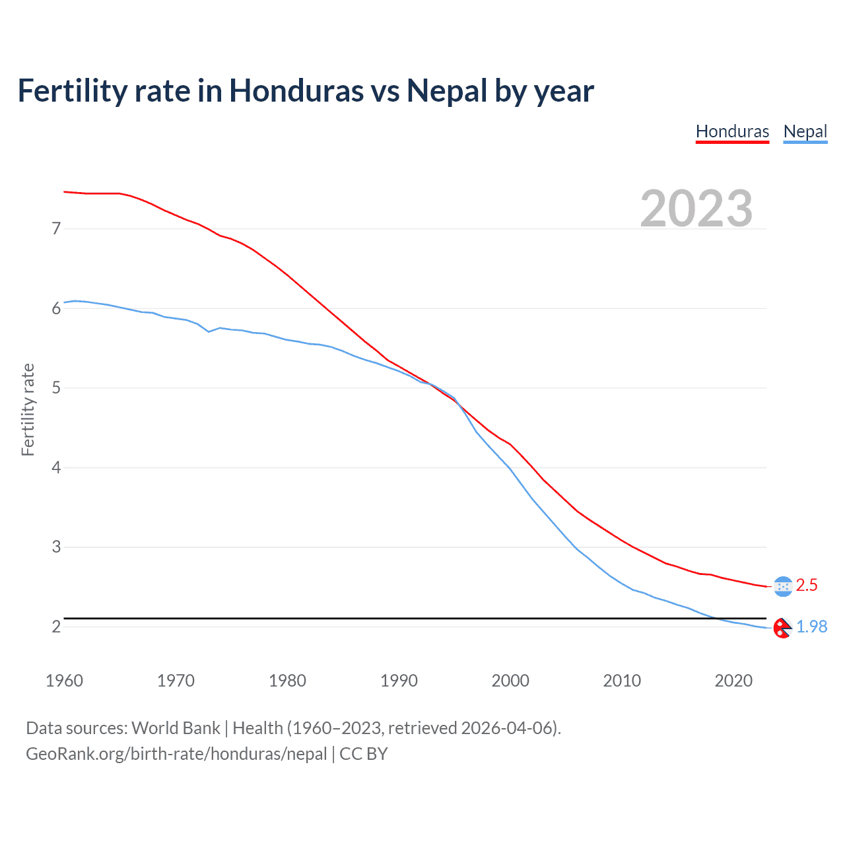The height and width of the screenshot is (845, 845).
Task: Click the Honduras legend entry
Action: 732,131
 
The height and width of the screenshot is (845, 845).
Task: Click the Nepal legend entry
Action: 805,131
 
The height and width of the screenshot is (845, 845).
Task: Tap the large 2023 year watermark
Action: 696,209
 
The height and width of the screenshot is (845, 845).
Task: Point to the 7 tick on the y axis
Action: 56,229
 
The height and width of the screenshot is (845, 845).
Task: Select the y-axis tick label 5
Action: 56,388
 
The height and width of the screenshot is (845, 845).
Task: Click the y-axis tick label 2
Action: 56,626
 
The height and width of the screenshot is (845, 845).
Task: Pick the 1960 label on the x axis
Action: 64,681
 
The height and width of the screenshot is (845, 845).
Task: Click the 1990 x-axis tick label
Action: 399,681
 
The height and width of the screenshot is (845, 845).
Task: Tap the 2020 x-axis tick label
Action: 733,681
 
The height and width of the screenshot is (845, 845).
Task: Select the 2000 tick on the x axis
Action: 510,681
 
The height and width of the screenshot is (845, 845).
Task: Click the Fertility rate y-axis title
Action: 28,409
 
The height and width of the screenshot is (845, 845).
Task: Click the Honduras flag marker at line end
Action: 783,586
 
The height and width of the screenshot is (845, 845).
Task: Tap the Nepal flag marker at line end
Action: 782,628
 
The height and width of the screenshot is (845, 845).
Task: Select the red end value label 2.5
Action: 807,586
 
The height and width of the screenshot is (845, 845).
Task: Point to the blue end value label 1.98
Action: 811,627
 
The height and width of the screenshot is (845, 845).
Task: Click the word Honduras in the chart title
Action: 296,91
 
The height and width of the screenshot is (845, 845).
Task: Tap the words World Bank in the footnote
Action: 176,728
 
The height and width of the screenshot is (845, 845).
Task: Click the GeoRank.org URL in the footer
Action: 176,754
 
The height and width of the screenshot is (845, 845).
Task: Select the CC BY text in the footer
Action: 363,754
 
